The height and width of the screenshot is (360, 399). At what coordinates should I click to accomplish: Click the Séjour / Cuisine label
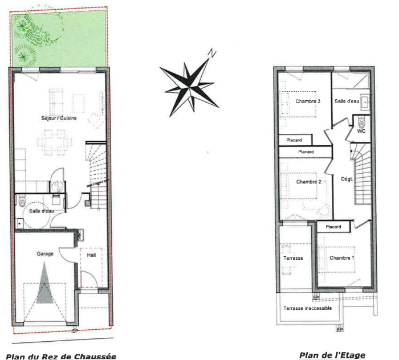click(59, 118)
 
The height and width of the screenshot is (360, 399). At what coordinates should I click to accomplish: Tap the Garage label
click(45, 253)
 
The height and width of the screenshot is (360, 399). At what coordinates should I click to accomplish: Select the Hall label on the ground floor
click(91, 255)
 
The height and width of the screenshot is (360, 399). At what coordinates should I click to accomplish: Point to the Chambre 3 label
click(308, 101)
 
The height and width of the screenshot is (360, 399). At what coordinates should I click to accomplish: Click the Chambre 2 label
click(309, 182)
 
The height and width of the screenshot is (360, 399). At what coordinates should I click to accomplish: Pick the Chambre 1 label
click(342, 258)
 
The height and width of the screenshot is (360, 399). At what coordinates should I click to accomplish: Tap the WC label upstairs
click(361, 131)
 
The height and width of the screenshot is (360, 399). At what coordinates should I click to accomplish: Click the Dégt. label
click(347, 179)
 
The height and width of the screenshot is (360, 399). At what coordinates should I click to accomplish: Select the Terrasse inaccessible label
click(308, 308)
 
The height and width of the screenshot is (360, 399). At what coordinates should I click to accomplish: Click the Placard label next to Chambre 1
click(333, 227)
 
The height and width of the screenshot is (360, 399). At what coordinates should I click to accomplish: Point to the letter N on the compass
click(212, 53)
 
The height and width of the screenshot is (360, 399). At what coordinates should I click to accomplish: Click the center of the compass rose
click(189, 87)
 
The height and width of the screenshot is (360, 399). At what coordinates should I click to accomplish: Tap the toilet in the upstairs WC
click(361, 122)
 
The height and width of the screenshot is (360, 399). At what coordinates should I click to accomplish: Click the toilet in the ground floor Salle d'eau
click(22, 201)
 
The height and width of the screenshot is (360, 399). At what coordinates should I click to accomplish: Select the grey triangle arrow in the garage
click(44, 283)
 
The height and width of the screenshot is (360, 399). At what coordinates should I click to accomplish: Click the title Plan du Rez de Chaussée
click(61, 356)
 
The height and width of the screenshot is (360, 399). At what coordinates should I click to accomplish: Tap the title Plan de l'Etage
click(332, 355)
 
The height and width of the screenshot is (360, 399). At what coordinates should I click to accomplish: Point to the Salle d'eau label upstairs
click(347, 101)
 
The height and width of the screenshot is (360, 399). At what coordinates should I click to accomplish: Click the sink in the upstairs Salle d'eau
click(365, 102)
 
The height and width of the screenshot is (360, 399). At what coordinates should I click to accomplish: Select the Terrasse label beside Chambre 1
click(293, 258)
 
